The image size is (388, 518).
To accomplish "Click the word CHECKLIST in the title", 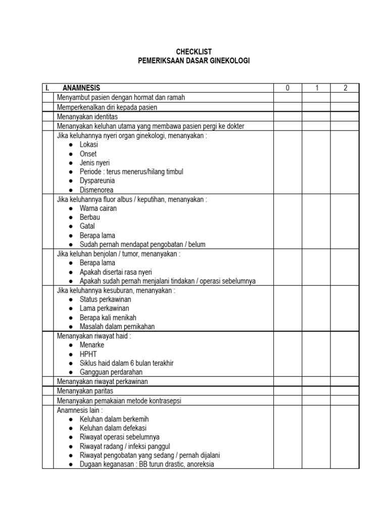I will pos(194,52).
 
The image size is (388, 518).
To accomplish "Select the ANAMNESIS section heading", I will pos(81,88).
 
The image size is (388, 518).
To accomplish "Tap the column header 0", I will pos(287,88).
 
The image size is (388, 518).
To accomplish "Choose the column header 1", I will pos(317,88).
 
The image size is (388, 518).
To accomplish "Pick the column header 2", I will pos(345,88).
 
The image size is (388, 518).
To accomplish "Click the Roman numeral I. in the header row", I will pos(47,88).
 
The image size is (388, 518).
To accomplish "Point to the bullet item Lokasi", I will pos(89,144).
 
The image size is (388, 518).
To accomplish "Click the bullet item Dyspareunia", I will pos(97,181).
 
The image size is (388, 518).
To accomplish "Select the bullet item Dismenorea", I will pos(96,190).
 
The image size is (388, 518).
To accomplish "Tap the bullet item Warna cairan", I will pos(98,208).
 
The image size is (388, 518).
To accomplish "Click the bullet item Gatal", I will pos(87,226).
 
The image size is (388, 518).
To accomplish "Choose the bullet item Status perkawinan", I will pos(105,299).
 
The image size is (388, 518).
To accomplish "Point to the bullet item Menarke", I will pos(92,345).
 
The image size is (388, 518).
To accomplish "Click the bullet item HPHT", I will pos(88,354).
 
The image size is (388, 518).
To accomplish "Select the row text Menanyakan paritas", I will pos(85,391).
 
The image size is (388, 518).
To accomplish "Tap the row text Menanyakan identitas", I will pos(87,116).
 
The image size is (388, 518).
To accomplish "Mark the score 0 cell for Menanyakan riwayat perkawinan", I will pos(287,381).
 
